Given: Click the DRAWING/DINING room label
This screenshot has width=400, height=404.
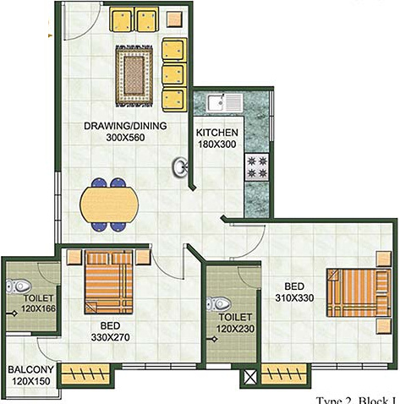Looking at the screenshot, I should point(125,127).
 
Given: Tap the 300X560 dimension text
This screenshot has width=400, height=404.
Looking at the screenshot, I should point(125,140).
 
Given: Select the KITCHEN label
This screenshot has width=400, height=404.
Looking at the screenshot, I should point(217,134).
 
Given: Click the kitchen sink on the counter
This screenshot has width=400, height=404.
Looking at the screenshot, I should point(224,104).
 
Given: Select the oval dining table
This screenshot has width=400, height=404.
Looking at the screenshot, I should point(108,204).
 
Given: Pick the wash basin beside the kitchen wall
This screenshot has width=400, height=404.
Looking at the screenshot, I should point(181,168).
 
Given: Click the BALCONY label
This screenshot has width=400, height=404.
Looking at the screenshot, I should point(31,369).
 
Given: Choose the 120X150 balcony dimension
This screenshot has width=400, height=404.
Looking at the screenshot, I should point(31,382).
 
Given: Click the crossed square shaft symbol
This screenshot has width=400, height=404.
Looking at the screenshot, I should point(249,378).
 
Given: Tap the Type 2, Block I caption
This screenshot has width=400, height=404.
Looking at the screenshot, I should point(356,399).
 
